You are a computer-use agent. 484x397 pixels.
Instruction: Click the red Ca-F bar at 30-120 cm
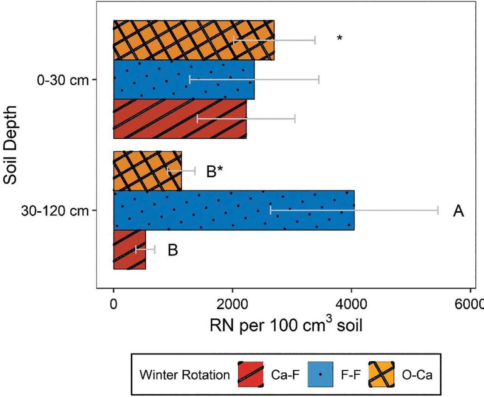tap(129, 250)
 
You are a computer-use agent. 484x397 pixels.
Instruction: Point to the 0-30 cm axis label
tap(62, 80)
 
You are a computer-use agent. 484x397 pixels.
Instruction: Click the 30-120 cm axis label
tap(55, 211)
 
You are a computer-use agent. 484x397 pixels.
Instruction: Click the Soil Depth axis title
tap(11, 145)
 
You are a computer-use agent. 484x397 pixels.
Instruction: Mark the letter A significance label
tap(458, 211)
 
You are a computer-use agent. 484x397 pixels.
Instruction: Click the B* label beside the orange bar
tap(214, 171)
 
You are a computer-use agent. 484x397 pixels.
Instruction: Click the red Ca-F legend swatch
tap(251, 374)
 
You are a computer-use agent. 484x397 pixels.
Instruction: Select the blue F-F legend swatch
tap(321, 374)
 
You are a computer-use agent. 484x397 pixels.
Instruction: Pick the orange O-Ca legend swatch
tap(381, 374)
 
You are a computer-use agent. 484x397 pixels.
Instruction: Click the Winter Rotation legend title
tap(185, 375)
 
